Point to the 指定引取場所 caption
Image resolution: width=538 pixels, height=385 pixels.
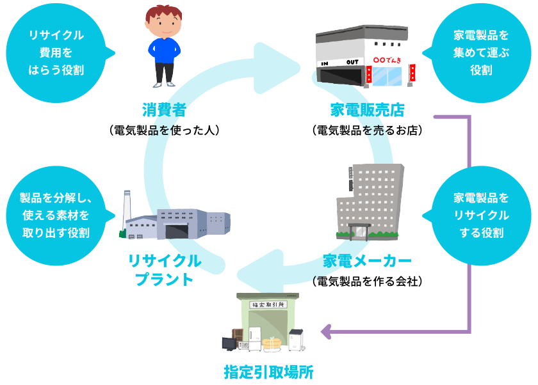pyautogui.click(x=268, y=372)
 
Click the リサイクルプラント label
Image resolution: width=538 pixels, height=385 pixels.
pyautogui.click(x=165, y=270)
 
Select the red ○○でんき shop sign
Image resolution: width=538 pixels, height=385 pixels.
pyautogui.click(x=384, y=60)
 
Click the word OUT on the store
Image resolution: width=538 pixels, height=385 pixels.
pyautogui.click(x=352, y=62)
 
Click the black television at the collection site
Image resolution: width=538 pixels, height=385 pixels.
pyautogui.click(x=229, y=343)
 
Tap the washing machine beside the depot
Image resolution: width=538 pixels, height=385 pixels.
pyautogui.click(x=295, y=339)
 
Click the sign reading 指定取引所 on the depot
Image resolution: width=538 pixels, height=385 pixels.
pyautogui.click(x=268, y=305)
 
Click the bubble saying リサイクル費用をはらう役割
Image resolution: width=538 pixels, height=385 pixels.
pyautogui.click(x=56, y=52)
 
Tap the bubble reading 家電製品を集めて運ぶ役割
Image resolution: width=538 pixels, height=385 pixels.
pyautogui.click(x=481, y=52)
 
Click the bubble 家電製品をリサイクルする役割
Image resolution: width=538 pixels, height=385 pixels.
pyautogui.click(x=481, y=215)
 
